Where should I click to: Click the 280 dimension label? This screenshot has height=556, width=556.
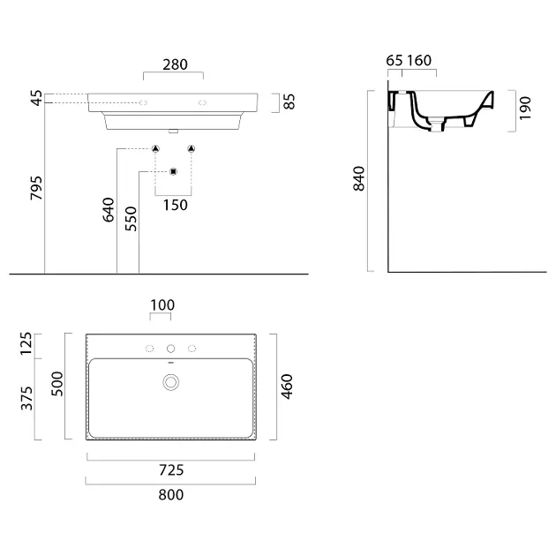pos(175,64)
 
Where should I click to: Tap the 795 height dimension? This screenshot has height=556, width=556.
pos(36,188)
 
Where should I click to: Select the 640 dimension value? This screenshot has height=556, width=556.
pos(109,210)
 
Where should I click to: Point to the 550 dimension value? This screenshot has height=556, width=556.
pos(131,219)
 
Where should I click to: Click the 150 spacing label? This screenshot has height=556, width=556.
pos(175,205)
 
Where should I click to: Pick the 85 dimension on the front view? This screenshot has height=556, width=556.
pos(289,101)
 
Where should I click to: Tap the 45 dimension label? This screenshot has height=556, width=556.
pos(37,98)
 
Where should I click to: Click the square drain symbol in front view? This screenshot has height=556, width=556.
pos(173,171)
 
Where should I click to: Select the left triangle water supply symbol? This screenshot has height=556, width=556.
pos(155,148)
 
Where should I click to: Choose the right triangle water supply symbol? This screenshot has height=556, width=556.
pos(192,148)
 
